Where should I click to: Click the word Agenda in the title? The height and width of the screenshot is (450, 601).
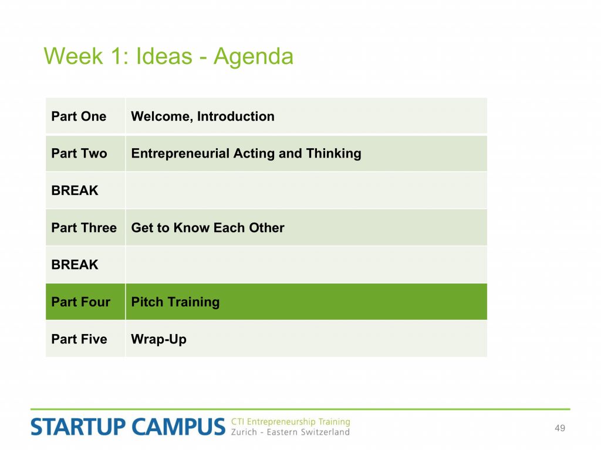coord(254,57)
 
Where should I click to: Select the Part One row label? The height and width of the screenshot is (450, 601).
coord(79,117)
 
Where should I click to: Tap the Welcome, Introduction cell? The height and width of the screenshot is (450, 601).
coord(202,117)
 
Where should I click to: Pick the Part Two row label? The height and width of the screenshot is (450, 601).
coord(79,154)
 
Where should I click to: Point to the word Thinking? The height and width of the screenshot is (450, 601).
coord(333,154)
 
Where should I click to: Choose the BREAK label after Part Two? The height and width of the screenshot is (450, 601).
coord(75,190)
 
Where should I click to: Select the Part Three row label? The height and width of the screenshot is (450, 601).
coord(84,228)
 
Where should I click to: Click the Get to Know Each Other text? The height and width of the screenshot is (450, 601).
coord(208,228)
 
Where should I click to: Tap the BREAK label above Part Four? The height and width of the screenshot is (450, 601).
coord(75,265)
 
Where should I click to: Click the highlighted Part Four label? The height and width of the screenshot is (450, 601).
coord(81,302)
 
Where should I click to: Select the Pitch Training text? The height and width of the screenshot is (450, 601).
coord(175,302)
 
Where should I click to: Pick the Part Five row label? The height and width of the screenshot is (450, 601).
coord(79,339)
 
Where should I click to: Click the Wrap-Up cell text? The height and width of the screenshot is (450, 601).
coord(158,339)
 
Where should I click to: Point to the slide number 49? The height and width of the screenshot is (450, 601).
coord(560,428)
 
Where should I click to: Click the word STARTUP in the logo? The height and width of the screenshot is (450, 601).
coord(78,427)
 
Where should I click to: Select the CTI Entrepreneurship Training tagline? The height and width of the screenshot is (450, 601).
coord(291,422)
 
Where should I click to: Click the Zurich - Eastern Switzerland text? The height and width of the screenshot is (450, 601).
coord(291,432)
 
